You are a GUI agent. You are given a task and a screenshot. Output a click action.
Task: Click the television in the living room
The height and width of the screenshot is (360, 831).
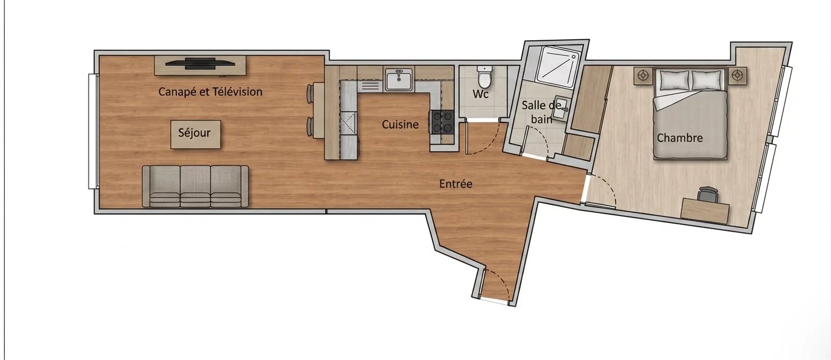click(x=200, y=63)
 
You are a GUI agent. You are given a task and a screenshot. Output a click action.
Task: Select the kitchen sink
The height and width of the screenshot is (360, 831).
click(x=399, y=79)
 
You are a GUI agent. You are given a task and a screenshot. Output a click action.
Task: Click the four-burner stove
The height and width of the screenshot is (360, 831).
click(x=442, y=122)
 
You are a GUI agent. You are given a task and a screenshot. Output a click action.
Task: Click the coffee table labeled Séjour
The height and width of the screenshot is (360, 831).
click(x=196, y=134)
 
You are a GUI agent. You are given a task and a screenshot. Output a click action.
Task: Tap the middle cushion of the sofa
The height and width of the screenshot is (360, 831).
click(x=195, y=186)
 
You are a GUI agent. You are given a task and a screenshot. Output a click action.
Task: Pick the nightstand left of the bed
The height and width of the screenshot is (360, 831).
click(x=643, y=76)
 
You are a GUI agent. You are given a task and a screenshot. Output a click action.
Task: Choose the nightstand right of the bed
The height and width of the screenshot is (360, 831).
click(x=737, y=76)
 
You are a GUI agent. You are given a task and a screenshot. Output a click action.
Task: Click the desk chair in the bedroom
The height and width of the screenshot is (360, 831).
click(x=708, y=194)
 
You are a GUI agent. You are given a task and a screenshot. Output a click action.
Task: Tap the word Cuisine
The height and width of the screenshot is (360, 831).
click(x=400, y=125)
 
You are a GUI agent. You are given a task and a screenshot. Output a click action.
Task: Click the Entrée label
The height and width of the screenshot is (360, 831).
click(x=455, y=184)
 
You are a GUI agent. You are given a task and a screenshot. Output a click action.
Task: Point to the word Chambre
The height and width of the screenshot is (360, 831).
click(x=679, y=138)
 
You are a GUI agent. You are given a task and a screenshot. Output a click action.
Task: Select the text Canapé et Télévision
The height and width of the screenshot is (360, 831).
click(x=211, y=92)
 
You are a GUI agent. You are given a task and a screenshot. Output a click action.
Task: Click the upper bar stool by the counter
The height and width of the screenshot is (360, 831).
click(x=310, y=93)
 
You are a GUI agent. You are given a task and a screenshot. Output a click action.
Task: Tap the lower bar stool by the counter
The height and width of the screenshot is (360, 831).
click(x=310, y=126)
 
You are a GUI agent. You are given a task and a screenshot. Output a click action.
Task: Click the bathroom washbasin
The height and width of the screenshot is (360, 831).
click(x=562, y=108)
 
